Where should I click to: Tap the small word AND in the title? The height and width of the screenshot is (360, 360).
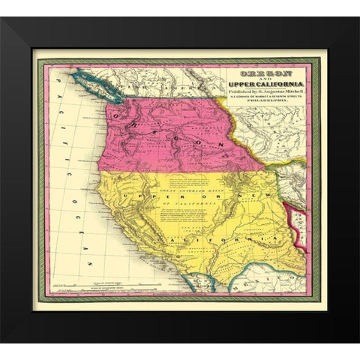click(x=254, y=80)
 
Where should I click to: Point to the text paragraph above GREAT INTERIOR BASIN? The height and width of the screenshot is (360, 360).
click(x=195, y=181)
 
